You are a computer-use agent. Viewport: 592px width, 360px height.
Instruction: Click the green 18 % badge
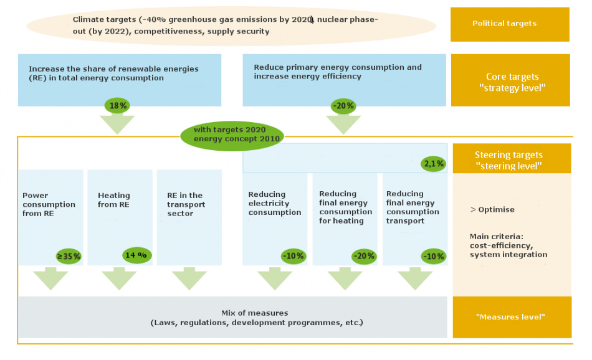117,106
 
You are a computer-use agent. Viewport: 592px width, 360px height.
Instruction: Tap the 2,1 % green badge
434,164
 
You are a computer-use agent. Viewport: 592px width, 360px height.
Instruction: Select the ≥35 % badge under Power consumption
69,257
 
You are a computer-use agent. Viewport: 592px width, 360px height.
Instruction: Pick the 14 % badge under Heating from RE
136,255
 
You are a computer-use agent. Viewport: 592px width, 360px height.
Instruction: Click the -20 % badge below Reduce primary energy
343,106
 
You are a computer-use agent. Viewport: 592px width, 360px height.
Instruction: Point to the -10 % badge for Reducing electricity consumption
294,256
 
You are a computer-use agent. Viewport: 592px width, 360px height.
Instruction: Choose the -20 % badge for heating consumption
364,257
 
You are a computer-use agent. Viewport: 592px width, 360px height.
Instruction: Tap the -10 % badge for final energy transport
434,257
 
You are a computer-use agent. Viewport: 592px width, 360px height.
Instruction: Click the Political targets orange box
510,24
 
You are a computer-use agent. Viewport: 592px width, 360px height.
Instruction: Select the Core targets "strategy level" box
510,80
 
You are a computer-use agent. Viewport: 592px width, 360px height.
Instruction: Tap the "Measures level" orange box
512,317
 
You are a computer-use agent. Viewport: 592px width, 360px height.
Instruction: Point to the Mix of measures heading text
254,313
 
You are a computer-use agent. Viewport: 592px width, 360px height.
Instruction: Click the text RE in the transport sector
186,204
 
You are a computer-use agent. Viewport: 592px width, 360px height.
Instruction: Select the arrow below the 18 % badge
117,125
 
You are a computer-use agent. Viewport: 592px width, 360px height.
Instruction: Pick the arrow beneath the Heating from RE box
119,278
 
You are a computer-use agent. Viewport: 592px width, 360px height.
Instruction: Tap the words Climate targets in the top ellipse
104,20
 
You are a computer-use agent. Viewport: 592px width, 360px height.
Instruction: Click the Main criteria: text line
497,237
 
